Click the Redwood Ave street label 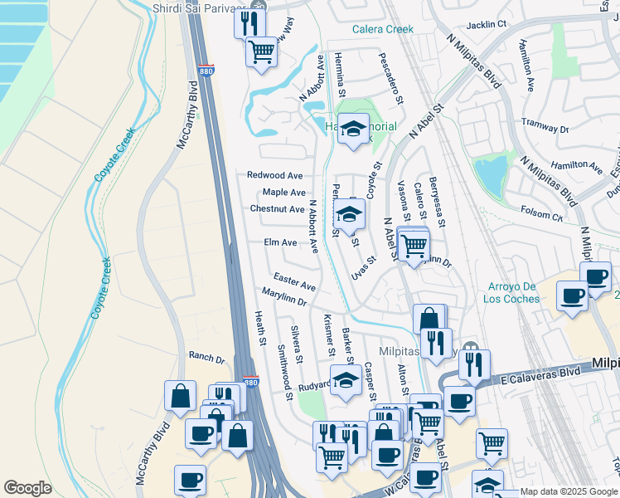275,175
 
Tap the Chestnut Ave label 278,209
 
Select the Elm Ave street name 280,242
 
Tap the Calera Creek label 382,29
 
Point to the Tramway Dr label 545,125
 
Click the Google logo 27,488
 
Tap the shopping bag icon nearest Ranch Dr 180,396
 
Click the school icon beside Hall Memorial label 354,129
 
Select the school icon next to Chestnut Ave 349,214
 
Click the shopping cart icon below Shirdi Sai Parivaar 262,51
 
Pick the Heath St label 260,328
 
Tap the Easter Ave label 294,281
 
